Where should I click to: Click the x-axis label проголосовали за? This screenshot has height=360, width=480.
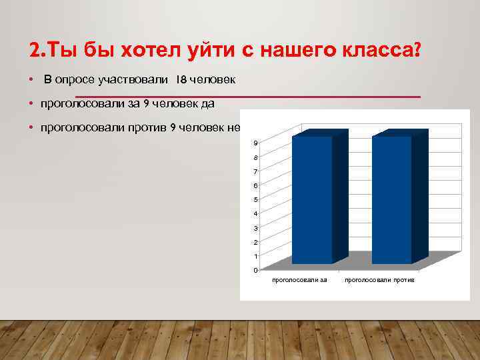[x=299, y=280]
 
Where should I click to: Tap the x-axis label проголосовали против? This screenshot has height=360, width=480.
[x=379, y=280]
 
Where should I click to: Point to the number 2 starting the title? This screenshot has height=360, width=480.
[x=34, y=51]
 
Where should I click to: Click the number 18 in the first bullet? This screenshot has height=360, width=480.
[x=182, y=81]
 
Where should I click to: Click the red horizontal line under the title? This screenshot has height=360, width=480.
[x=247, y=97]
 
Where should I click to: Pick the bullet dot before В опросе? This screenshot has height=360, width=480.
[x=31, y=81]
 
